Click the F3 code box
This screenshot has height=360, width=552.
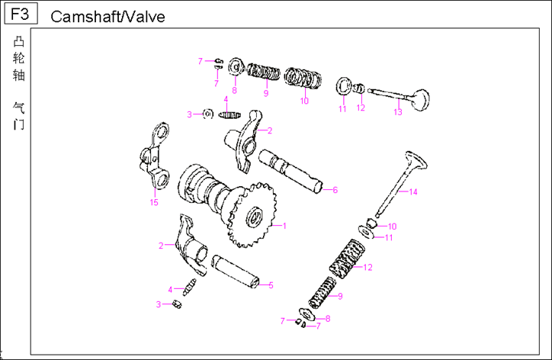click(x=21, y=14)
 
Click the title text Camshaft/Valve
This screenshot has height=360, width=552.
click(x=107, y=17)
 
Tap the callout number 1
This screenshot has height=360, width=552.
click(x=284, y=226)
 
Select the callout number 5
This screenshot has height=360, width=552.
click(x=271, y=285)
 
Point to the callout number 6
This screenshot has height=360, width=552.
click(x=335, y=190)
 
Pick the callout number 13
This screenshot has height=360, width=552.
click(x=397, y=112)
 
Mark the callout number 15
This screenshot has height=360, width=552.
click(x=154, y=202)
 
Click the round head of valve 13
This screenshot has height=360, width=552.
click(x=419, y=99)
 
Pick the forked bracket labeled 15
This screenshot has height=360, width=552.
click(x=156, y=156)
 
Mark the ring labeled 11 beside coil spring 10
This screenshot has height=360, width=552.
click(x=343, y=84)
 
